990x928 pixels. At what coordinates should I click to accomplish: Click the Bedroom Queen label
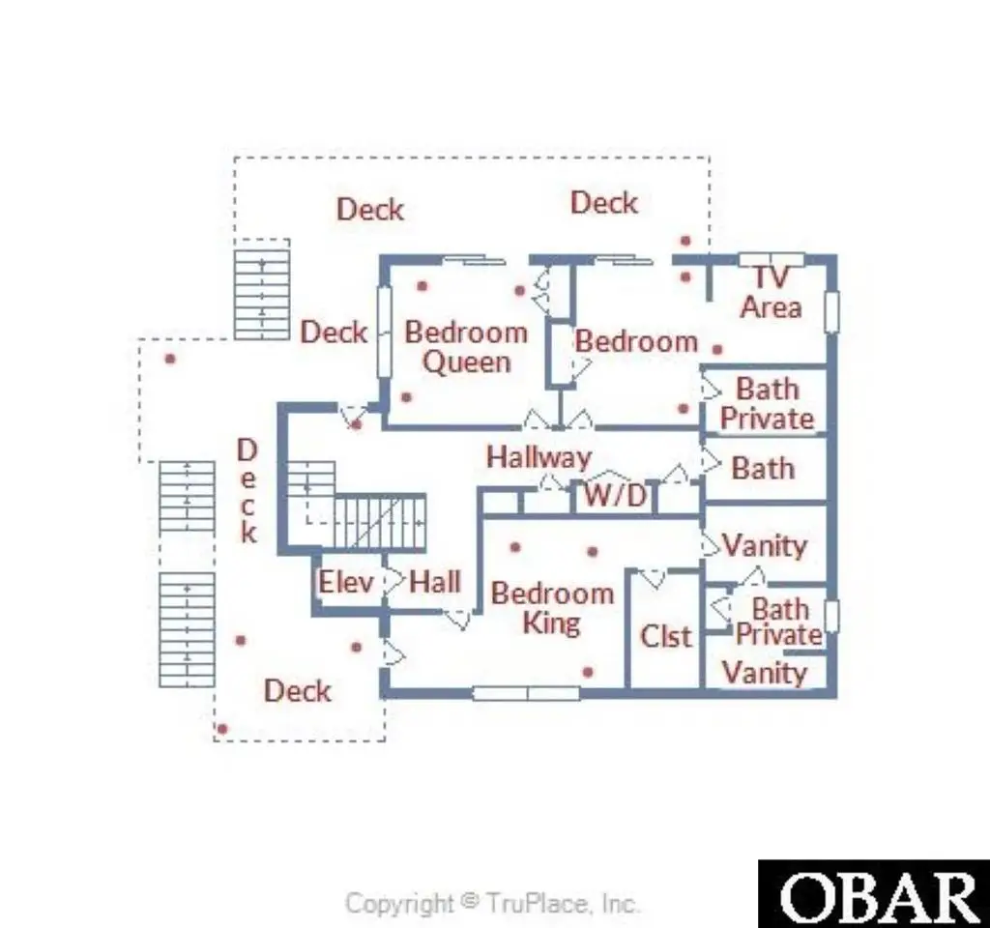pyautogui.click(x=466, y=347)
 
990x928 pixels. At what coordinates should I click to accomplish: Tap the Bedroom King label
pyautogui.click(x=552, y=608)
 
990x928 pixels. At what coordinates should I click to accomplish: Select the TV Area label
pyautogui.click(x=771, y=292)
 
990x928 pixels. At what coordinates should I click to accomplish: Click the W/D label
pyautogui.click(x=614, y=495)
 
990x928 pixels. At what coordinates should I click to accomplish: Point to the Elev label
pyautogui.click(x=345, y=581)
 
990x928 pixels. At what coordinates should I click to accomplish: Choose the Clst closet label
pyautogui.click(x=666, y=636)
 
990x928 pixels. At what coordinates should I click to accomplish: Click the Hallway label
pyautogui.click(x=539, y=457)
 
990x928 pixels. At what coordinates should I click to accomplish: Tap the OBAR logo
pyautogui.click(x=874, y=894)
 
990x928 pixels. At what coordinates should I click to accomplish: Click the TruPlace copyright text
pyautogui.click(x=492, y=903)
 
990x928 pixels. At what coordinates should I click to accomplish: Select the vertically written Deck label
pyautogui.click(x=247, y=491)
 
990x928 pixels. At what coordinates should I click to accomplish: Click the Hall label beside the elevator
pyautogui.click(x=435, y=581)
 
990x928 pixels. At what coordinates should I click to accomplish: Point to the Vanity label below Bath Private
pyautogui.click(x=765, y=673)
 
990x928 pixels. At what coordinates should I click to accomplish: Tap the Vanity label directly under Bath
pyautogui.click(x=765, y=545)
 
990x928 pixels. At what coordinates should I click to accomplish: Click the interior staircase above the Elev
pyautogui.click(x=358, y=505)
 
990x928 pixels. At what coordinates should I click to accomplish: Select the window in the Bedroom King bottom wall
pyautogui.click(x=526, y=693)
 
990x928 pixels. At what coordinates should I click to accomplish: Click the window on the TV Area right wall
pyautogui.click(x=832, y=312)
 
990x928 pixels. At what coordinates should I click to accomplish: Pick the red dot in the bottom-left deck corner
pyautogui.click(x=222, y=729)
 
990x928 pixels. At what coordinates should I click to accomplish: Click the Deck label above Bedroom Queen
pyautogui.click(x=370, y=210)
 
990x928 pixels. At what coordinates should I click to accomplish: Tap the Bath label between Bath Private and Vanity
pyautogui.click(x=763, y=469)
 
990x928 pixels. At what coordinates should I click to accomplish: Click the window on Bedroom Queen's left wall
pyautogui.click(x=384, y=333)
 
